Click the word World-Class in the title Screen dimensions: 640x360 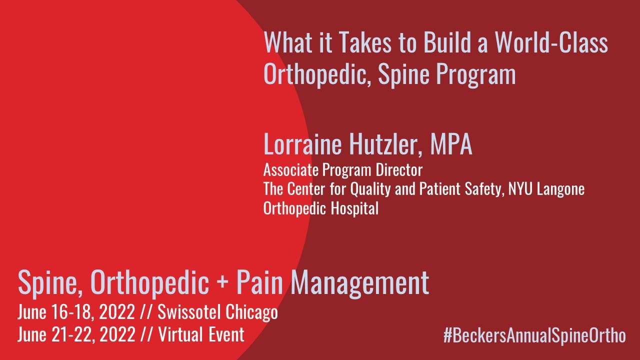[551, 42]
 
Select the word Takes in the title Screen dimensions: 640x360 [365, 42]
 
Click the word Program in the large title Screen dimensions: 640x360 [475, 75]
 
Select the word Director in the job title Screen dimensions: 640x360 [399, 170]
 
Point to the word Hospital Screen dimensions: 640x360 [354, 208]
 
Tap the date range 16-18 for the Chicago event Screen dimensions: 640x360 [73, 312]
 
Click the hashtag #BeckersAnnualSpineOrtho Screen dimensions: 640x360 [534, 335]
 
